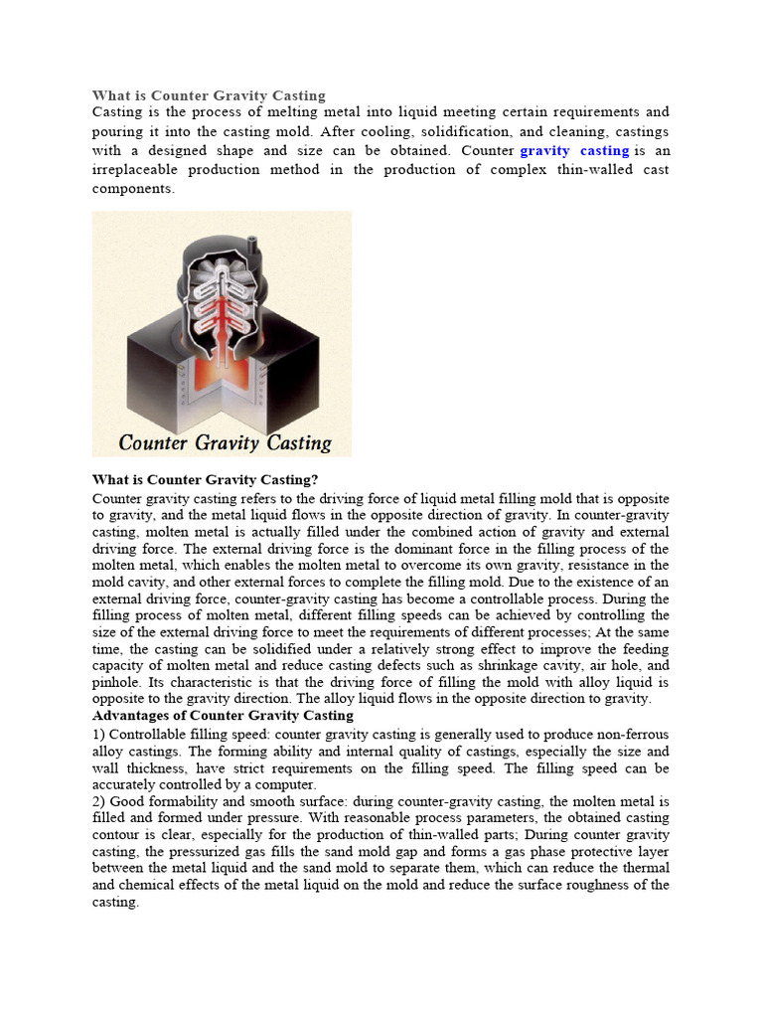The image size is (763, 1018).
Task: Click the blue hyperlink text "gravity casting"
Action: [575, 151]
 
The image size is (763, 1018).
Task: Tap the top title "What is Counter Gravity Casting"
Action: [209, 95]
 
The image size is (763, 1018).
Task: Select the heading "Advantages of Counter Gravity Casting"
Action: [223, 716]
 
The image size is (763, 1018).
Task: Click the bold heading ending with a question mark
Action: [205, 479]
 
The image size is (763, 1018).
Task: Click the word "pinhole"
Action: [115, 682]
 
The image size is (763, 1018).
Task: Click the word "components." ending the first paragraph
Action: [133, 189]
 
